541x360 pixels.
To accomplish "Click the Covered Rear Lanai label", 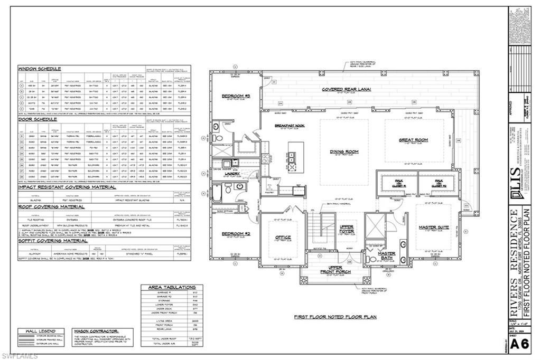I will click(346, 89).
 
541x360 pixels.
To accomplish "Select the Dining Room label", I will click(344, 151).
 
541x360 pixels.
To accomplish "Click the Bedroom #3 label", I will click(235, 96).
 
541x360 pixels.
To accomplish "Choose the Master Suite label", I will click(434, 228).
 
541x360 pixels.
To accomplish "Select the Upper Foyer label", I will click(347, 229).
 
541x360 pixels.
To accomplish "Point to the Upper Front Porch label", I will click(335, 270).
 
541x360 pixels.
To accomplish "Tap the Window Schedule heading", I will click(40, 69).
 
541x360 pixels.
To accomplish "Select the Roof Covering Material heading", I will click(52, 207).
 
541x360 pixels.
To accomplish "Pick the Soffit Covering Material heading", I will click(53, 240).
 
